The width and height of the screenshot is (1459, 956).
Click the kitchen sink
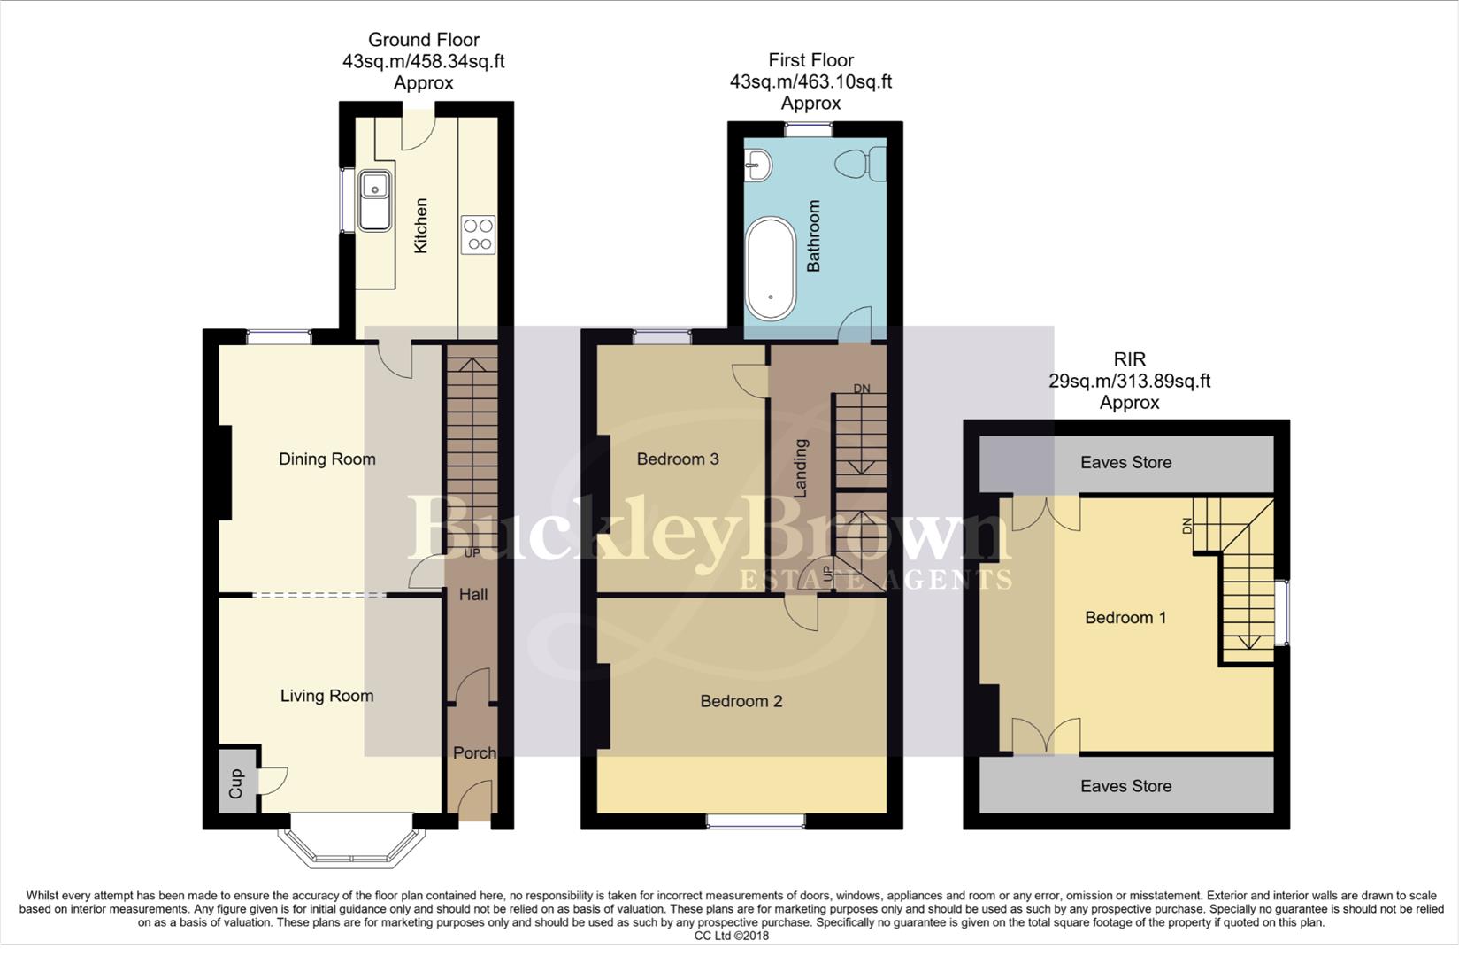pyautogui.click(x=375, y=198)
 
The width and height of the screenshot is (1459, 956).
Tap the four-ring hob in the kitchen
pyautogui.click(x=478, y=235)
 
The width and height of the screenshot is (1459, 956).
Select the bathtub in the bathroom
pyautogui.click(x=770, y=267)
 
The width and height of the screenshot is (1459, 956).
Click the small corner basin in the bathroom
pyautogui.click(x=758, y=165)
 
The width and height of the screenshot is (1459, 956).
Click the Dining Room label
pyautogui.click(x=326, y=459)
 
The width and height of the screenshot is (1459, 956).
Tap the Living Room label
pyautogui.click(x=326, y=696)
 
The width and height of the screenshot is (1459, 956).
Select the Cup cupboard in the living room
pyautogui.click(x=236, y=783)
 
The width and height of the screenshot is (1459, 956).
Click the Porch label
pyautogui.click(x=474, y=752)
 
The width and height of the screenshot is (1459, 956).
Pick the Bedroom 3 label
pyautogui.click(x=678, y=459)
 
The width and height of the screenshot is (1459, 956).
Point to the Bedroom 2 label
pyautogui.click(x=741, y=701)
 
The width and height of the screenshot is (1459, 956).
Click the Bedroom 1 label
pyautogui.click(x=1125, y=617)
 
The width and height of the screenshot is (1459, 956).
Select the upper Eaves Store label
pyautogui.click(x=1125, y=462)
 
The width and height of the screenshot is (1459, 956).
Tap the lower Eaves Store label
pyautogui.click(x=1125, y=785)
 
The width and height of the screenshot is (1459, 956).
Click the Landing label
pyautogui.click(x=802, y=468)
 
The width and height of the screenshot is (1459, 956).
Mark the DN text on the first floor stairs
pyautogui.click(x=861, y=389)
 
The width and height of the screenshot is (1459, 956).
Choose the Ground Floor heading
pyautogui.click(x=423, y=40)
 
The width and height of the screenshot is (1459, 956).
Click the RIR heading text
pyautogui.click(x=1129, y=359)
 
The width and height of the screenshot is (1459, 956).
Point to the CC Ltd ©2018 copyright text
pyautogui.click(x=731, y=936)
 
